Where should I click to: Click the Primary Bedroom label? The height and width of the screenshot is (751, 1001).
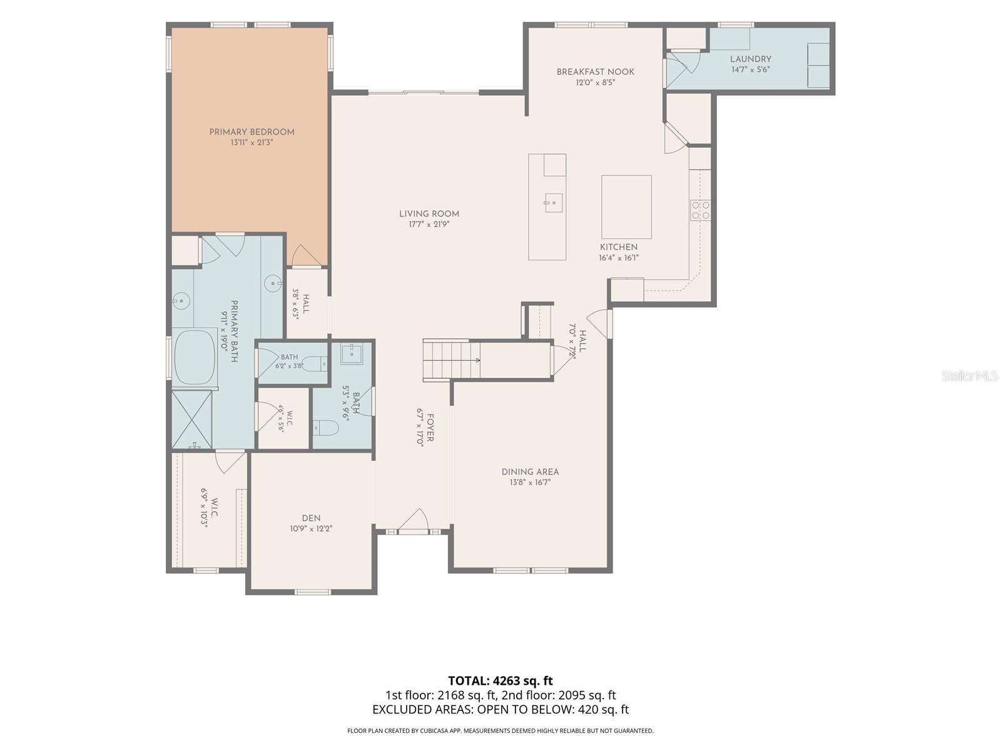click(252, 132)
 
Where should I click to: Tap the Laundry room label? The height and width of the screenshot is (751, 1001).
click(750, 59)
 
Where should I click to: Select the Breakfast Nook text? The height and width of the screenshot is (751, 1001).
click(595, 71)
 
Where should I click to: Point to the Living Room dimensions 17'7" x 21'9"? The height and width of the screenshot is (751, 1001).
click(429, 224)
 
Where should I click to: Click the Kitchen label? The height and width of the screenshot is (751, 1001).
click(618, 247)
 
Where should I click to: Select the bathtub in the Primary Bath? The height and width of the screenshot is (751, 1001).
click(195, 357)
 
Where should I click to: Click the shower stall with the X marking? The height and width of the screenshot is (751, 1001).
click(192, 419)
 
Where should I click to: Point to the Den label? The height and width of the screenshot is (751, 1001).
click(311, 518)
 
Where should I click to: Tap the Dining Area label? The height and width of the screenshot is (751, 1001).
click(530, 472)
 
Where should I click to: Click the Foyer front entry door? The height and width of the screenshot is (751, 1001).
click(413, 521)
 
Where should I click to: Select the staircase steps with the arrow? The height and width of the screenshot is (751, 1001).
click(452, 360)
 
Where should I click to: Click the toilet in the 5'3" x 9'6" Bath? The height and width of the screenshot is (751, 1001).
click(326, 428)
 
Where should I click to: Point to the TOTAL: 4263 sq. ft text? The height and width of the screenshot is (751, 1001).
click(500, 681)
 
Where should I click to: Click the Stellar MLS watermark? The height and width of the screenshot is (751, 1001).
click(969, 376)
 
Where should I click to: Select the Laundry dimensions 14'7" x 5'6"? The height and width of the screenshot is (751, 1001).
click(750, 69)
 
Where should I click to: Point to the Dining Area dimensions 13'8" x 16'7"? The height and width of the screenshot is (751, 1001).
click(530, 483)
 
